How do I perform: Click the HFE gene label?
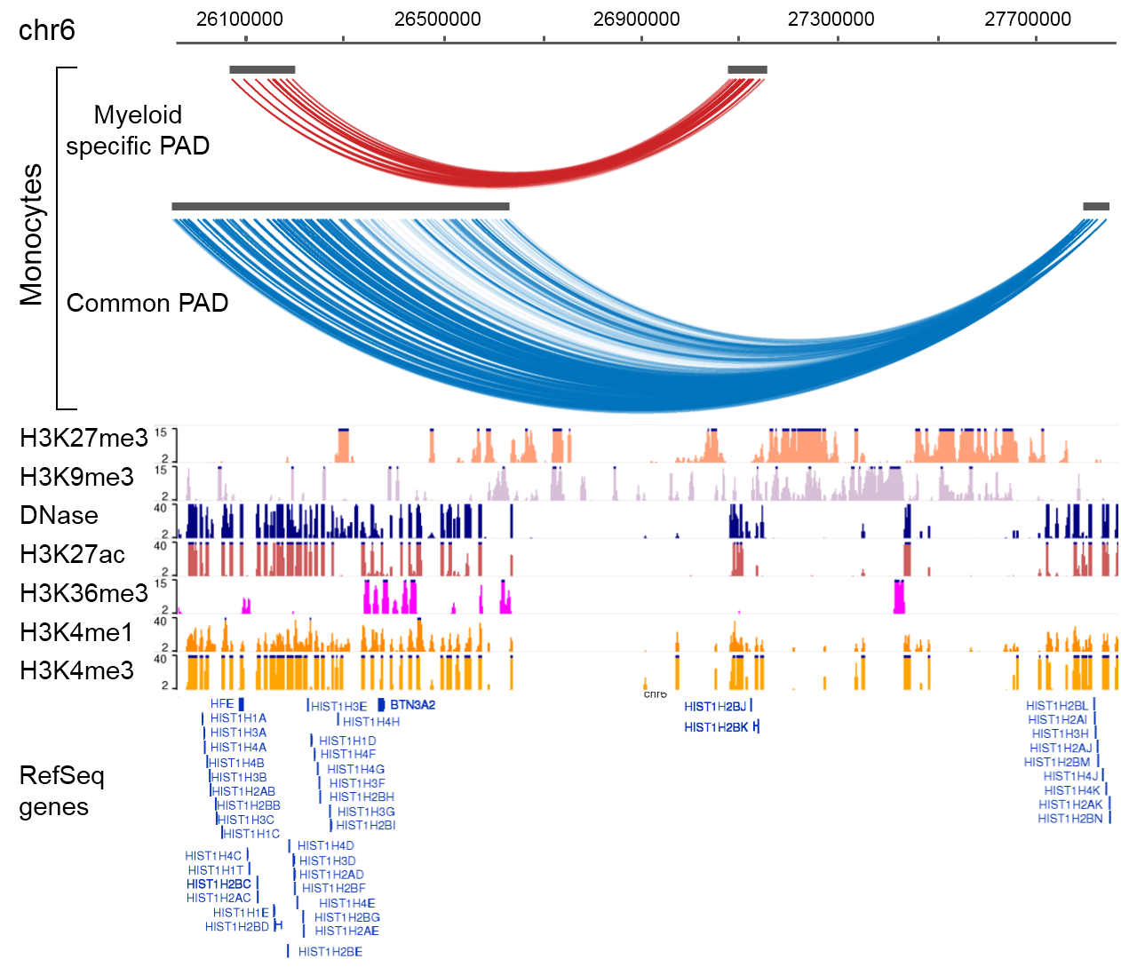(222, 704)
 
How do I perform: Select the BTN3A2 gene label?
(412, 705)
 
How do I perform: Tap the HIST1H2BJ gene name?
(715, 707)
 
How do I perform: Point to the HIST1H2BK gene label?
(716, 727)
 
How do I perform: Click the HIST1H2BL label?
(1056, 706)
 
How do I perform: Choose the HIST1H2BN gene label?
(1069, 819)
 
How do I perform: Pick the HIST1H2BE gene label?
(330, 952)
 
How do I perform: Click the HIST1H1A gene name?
(238, 718)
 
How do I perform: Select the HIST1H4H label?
(371, 722)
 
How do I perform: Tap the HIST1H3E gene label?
(338, 707)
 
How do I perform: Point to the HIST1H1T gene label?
(215, 870)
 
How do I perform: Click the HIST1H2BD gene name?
(236, 927)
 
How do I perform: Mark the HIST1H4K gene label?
(1071, 790)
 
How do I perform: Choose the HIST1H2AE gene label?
(346, 931)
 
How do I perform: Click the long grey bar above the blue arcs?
(340, 207)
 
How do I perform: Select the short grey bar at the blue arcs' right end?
(1095, 207)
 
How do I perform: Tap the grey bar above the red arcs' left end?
(262, 70)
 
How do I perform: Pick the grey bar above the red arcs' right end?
(747, 70)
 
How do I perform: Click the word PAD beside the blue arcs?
(203, 304)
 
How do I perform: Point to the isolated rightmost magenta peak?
(899, 596)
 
